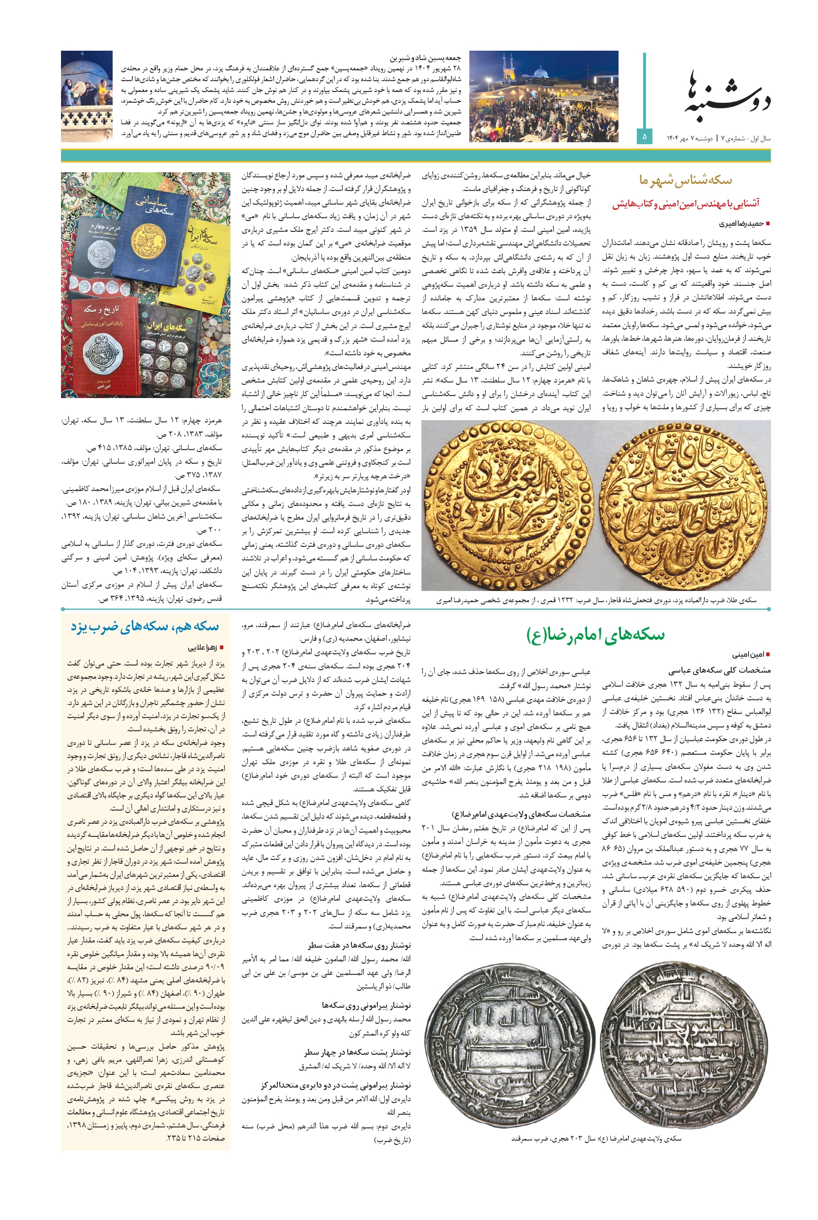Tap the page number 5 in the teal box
(644, 137)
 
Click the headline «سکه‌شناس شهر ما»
(686, 181)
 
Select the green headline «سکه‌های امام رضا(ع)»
(595, 635)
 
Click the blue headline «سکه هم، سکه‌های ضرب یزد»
(145, 626)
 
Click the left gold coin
(510, 505)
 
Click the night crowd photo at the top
(543, 96)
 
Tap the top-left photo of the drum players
(87, 96)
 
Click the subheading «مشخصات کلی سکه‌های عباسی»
(719, 670)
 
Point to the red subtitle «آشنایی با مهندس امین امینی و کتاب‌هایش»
(686, 204)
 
